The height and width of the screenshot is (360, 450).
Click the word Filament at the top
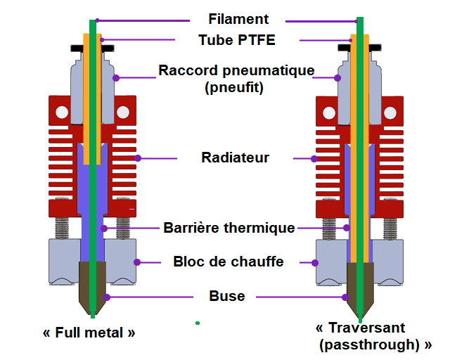tap(238, 19)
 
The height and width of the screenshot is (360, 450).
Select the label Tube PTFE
tap(236, 40)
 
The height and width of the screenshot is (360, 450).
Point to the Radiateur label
tap(235, 157)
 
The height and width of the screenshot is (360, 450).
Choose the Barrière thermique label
tap(229, 228)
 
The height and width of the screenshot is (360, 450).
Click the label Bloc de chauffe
tap(229, 262)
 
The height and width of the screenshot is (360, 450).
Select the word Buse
tap(227, 296)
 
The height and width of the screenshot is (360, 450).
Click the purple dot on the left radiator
tap(139, 158)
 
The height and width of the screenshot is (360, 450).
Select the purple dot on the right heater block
tap(315, 263)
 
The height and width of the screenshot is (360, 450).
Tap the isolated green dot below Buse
tap(198, 323)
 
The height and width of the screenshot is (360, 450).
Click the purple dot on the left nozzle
tap(106, 297)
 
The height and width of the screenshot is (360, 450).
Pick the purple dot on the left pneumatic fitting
tap(116, 77)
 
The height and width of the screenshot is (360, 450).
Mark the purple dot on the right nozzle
tap(346, 297)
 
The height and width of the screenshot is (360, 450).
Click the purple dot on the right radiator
tap(315, 159)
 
